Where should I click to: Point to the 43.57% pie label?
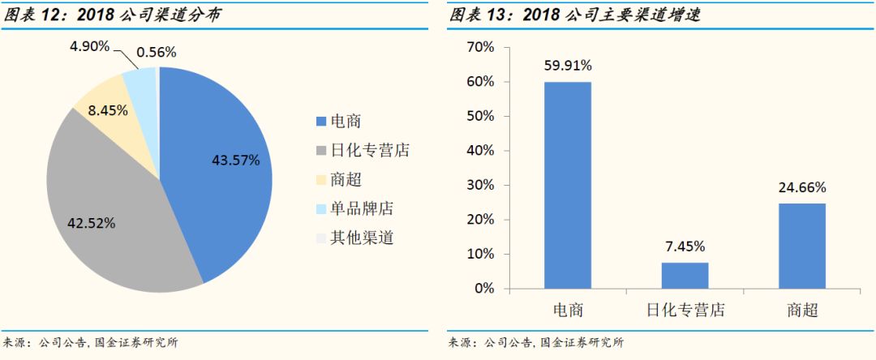coord(236,161)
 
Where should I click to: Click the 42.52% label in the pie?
coord(91,222)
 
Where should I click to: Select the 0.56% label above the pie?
coord(157,53)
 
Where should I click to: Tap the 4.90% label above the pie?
coord(89,46)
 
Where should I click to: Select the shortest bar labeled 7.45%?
coord(685,275)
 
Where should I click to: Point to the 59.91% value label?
coord(568,66)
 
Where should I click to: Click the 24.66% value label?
coord(802,187)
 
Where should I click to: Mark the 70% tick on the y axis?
coord(481,48)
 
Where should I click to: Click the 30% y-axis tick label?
coord(481,186)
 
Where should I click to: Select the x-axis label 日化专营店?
coord(685,311)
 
